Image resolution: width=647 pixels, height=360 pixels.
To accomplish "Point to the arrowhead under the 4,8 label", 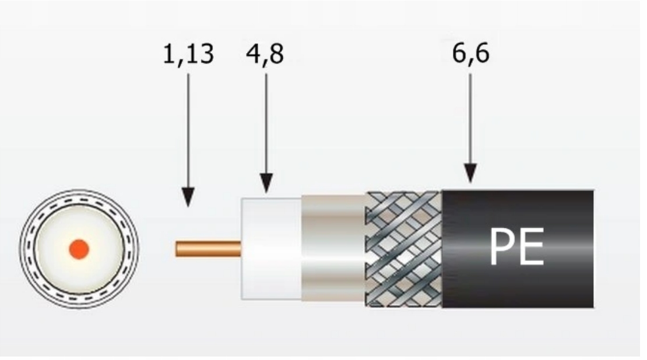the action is [x=266, y=183].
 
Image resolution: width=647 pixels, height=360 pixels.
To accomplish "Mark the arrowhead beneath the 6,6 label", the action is [x=470, y=174].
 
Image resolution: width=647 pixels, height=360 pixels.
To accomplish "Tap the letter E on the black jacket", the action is [x=531, y=246].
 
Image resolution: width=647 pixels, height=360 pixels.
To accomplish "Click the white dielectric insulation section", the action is [x=271, y=249].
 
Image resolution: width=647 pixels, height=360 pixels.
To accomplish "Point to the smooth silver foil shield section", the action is [x=333, y=249].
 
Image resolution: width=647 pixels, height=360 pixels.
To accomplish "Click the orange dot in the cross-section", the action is [x=78, y=249].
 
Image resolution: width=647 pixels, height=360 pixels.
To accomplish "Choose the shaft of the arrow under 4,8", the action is [x=266, y=122].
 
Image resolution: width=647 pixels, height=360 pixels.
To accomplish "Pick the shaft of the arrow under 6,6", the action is [x=470, y=117].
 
